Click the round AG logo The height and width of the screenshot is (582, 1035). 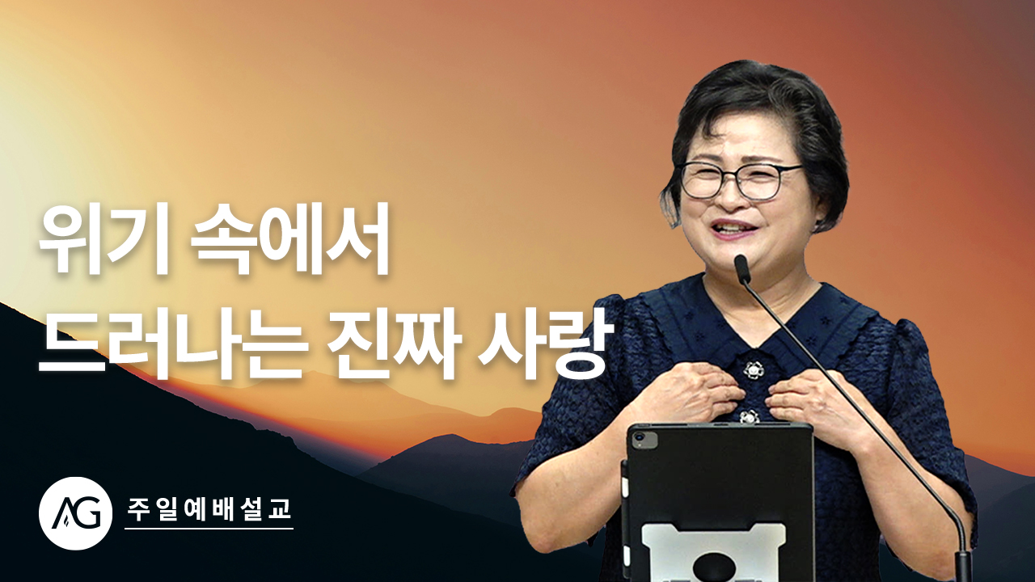75,513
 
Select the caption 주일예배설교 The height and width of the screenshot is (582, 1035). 209,508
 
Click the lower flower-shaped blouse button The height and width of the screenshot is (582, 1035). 750,416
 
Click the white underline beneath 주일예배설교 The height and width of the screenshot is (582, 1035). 209,529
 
